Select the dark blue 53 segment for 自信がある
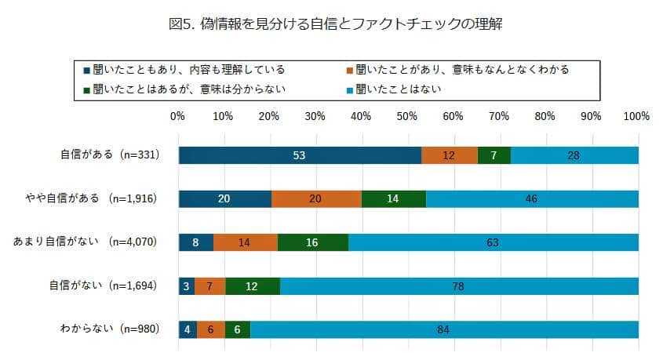(x=300, y=155)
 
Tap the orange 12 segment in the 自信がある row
(x=449, y=155)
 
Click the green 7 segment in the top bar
(x=494, y=155)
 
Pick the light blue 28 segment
(x=574, y=155)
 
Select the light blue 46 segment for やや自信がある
(x=532, y=198)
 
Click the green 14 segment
(x=393, y=198)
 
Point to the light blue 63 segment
(x=493, y=242)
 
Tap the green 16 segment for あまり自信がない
(x=312, y=242)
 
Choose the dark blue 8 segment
(x=196, y=242)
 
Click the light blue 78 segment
(x=459, y=286)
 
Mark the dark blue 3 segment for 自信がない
(x=186, y=286)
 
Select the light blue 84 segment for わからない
(x=444, y=329)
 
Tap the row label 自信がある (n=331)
(x=111, y=155)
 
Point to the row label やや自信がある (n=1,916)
(x=100, y=198)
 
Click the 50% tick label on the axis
(x=406, y=116)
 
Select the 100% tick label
(x=636, y=116)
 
